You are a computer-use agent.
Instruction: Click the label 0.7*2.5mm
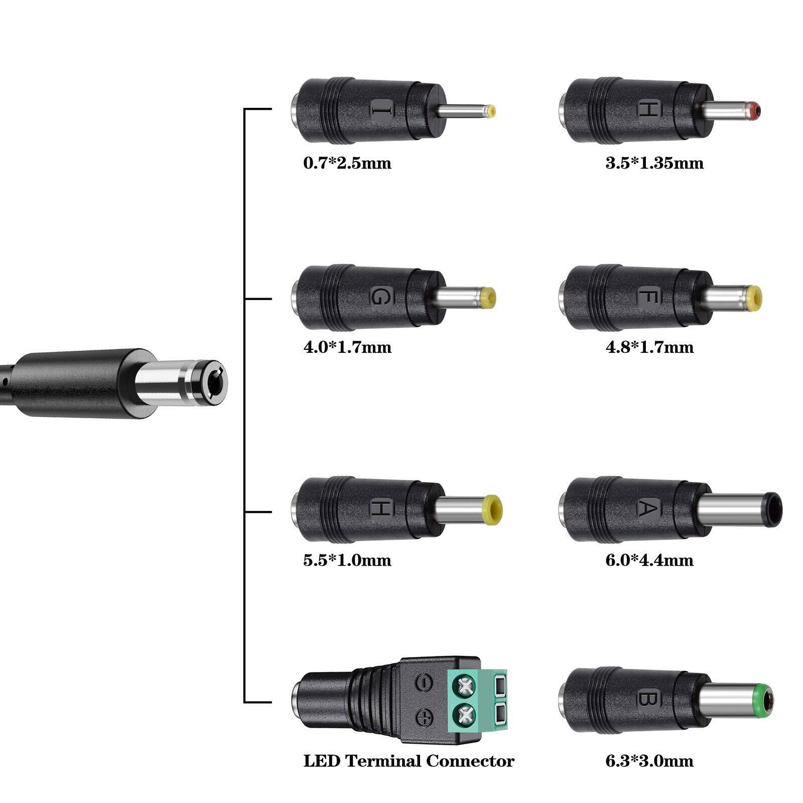click(x=347, y=163)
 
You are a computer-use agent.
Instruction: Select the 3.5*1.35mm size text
click(x=654, y=163)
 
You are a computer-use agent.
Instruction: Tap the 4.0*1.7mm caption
click(x=347, y=347)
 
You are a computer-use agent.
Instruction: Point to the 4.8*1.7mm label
click(x=649, y=347)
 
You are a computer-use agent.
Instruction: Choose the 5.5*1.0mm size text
click(x=347, y=560)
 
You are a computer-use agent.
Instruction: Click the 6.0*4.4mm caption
click(x=649, y=560)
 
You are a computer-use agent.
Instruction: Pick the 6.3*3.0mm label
click(x=649, y=760)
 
